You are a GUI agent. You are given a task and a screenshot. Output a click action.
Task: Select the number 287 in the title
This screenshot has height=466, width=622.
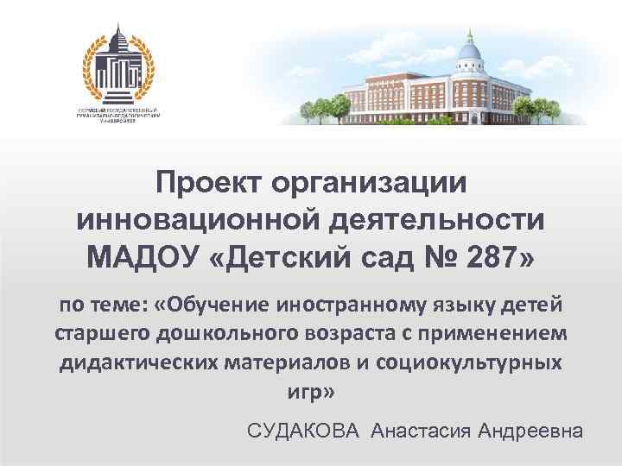[x=488, y=256]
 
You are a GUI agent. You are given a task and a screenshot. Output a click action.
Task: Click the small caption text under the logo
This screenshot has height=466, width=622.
[x=118, y=116]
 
